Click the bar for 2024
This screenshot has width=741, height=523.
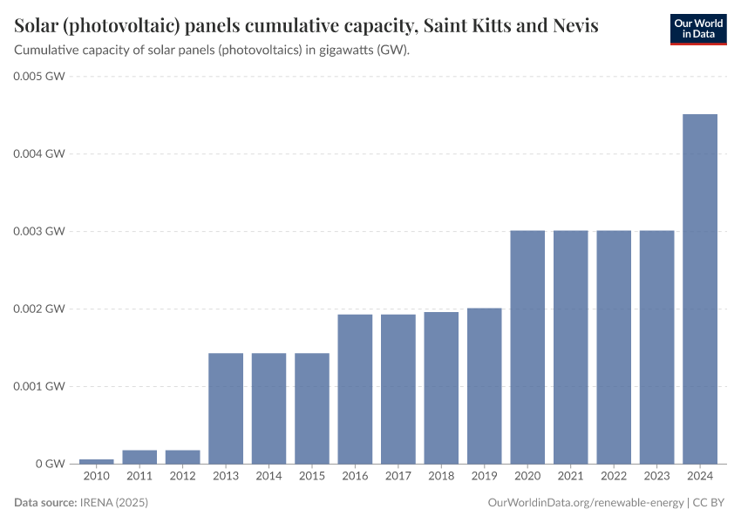pos(700,289)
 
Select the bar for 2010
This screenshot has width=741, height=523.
pos(96,461)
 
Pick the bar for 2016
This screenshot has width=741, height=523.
pos(355,389)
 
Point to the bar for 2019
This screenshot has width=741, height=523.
pos(485,385)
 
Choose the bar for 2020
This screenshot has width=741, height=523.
pos(527,347)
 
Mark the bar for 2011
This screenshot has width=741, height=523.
pos(139,457)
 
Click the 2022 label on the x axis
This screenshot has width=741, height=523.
pos(614,477)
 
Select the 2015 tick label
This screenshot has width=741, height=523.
pos(312,477)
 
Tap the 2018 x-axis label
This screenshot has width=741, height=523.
pos(441,477)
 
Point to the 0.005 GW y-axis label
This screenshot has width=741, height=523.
pos(40,77)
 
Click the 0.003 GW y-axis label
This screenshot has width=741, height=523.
pos(40,231)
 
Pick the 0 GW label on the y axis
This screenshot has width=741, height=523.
pos(51,464)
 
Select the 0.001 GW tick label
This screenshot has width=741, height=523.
pos(40,386)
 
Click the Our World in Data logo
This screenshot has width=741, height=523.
pos(698,29)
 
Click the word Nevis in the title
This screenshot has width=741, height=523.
pos(575,25)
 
